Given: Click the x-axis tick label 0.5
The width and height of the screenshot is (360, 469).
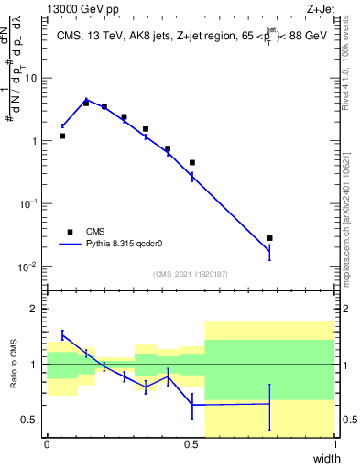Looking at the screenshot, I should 191,444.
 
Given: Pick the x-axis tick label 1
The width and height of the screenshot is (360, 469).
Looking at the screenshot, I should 334,444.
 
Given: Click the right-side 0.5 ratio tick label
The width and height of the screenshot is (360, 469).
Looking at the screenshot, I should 347,420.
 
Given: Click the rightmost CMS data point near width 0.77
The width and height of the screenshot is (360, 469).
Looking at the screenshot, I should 269,238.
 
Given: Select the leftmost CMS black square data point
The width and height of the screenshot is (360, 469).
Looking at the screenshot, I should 62,136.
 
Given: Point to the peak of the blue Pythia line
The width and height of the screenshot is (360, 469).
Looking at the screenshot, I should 86,99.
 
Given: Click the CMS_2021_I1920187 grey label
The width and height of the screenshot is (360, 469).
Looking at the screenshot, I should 190,274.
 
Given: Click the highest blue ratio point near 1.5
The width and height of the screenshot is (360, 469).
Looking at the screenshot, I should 62,334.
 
